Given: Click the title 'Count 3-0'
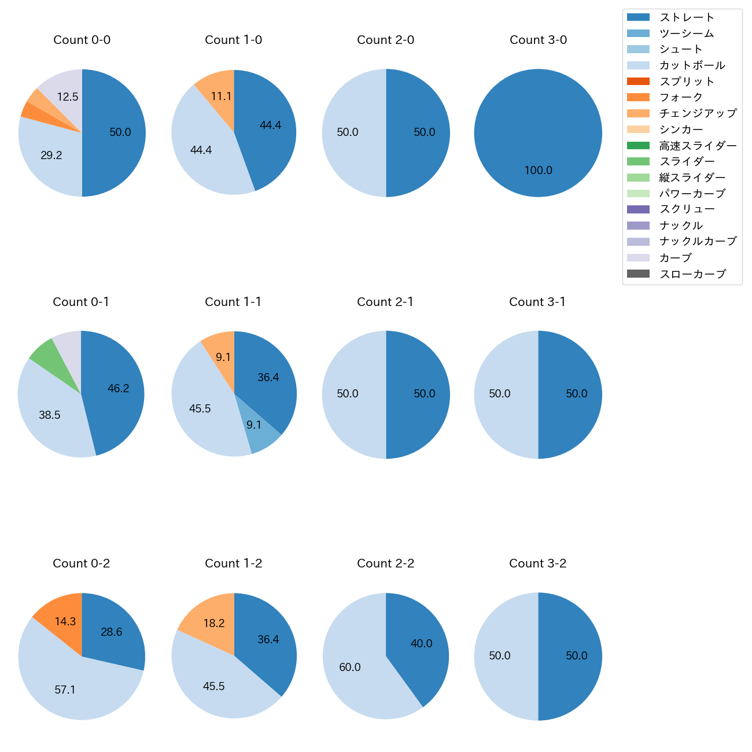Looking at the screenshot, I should coord(538,40).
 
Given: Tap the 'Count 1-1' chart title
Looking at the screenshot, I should coord(233,302).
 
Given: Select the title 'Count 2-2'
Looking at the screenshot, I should coord(385,563).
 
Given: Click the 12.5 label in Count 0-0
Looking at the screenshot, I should coord(68,97).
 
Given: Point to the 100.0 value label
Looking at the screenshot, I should coord(538,171).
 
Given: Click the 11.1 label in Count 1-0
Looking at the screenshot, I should coord(221,97).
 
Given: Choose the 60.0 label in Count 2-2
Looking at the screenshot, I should coord(350,668).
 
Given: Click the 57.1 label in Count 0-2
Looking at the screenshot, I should coord(65,690).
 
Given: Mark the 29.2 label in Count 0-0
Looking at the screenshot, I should coord(51,156).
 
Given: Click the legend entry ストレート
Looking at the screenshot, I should coord(687,17).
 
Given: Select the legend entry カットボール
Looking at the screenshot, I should coord(692,65).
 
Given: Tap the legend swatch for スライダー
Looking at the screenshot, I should coord(638,161).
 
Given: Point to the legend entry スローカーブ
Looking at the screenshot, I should coord(692,274).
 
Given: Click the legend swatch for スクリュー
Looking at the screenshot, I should coord(638,209).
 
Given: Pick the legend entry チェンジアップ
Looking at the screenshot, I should coord(698,113).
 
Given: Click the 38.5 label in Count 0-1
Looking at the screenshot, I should coord(50,415).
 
